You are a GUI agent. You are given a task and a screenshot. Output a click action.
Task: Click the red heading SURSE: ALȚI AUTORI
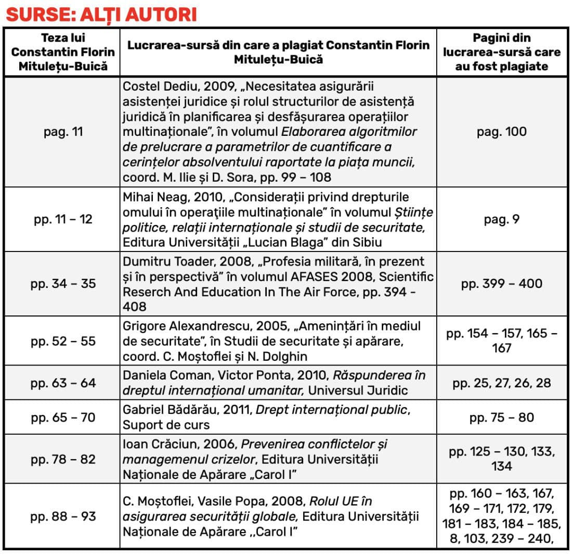click(x=101, y=15)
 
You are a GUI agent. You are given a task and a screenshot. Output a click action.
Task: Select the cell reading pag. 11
click(x=63, y=132)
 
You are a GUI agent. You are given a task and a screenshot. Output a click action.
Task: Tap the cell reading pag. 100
click(x=501, y=132)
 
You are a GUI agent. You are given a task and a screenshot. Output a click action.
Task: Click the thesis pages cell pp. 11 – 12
click(x=63, y=219)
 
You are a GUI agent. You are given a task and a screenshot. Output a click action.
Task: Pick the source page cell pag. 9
click(x=501, y=219)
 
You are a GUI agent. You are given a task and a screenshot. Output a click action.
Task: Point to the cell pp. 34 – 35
click(x=63, y=284)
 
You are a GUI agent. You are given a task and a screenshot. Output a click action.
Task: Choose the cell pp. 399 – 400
click(x=501, y=284)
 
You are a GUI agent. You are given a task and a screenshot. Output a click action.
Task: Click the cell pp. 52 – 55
click(x=63, y=341)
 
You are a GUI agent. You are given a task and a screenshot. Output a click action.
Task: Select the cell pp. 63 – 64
click(x=63, y=383)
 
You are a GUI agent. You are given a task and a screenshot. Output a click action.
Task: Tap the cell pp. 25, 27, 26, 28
click(x=501, y=383)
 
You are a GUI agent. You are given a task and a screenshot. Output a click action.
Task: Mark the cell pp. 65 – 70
click(x=63, y=417)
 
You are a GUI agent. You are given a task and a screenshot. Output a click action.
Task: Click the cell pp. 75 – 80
click(x=501, y=417)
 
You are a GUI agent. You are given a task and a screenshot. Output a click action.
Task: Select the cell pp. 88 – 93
click(x=63, y=516)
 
